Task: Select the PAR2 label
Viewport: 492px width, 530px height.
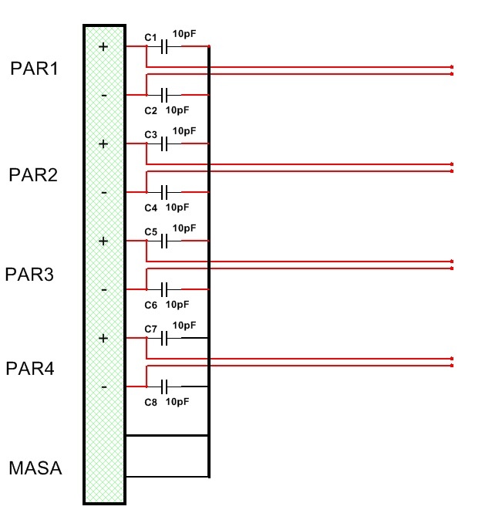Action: pos(33,174)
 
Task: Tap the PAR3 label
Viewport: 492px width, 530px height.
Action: pos(30,274)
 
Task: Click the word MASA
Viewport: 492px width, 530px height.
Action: pos(35,468)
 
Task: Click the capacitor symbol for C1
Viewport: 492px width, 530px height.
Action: pos(164,47)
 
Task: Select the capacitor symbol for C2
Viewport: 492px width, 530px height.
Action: pos(164,95)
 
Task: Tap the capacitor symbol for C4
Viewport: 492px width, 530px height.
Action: pos(164,192)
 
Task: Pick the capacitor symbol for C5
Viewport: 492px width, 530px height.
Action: pos(164,241)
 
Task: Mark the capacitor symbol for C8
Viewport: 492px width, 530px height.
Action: pos(164,386)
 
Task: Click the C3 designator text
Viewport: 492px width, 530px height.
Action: pos(151,135)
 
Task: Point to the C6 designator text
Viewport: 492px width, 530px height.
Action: pos(151,305)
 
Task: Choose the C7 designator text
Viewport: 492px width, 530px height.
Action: pos(151,329)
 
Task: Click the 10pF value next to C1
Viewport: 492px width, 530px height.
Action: pos(184,34)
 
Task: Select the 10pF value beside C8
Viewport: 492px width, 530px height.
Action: pos(177,402)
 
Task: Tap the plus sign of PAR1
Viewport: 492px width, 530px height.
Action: pos(103,46)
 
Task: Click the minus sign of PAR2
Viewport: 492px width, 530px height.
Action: pos(103,192)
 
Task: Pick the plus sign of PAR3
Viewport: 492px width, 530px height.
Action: pos(103,241)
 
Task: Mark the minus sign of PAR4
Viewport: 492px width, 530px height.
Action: pos(103,387)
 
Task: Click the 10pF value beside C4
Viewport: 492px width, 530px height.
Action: pos(177,208)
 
